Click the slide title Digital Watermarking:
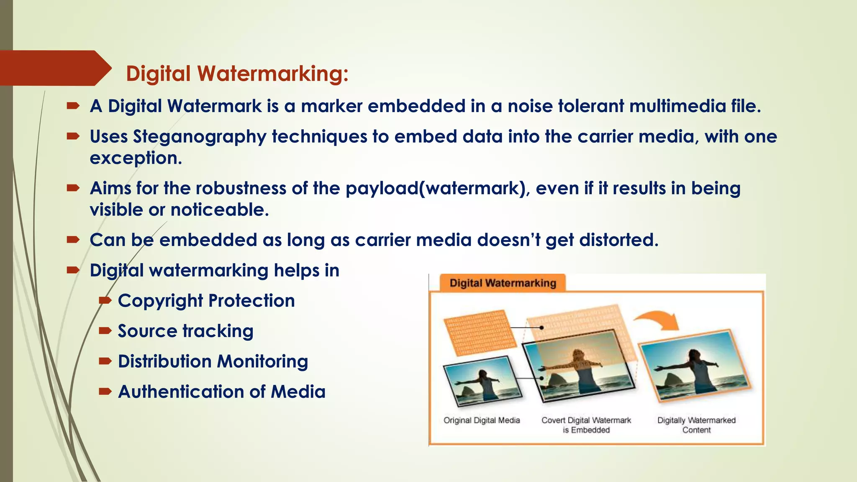click(237, 74)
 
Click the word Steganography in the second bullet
click(199, 137)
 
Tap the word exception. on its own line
click(136, 158)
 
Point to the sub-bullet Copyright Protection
click(206, 301)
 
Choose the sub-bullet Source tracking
click(185, 331)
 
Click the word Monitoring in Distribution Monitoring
click(263, 361)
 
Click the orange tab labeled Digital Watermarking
click(503, 283)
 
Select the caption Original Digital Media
click(482, 420)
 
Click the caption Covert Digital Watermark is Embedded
click(586, 425)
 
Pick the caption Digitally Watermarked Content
click(696, 425)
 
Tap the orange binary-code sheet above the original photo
click(480, 332)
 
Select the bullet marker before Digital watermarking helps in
click(73, 270)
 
